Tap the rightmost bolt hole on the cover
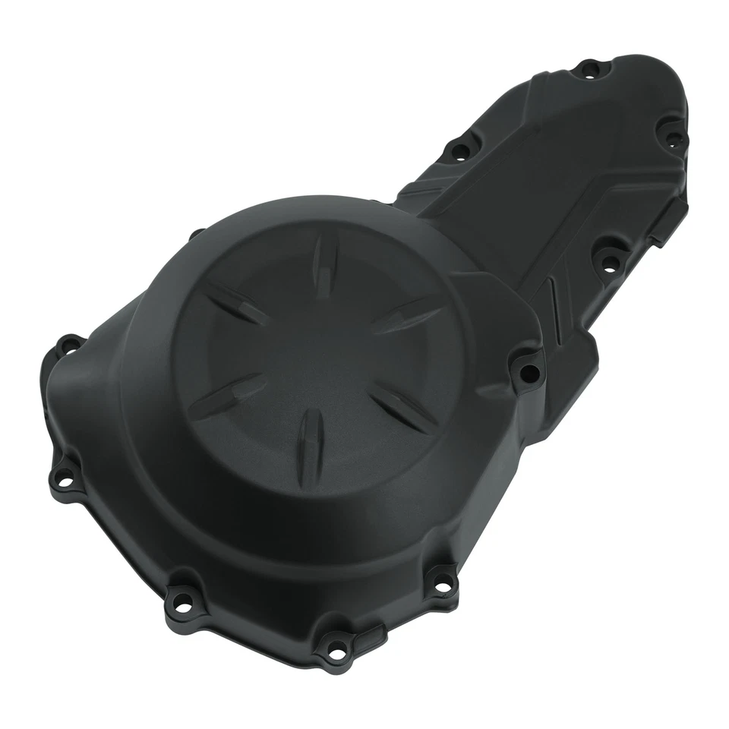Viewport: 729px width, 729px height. [674, 138]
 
